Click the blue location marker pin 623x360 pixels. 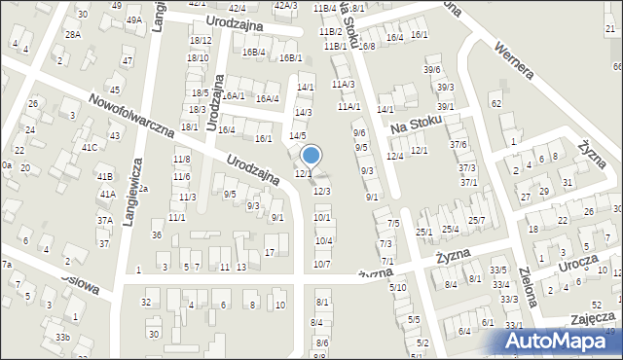coord(311,156)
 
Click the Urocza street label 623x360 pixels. coord(578,264)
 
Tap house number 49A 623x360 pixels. coord(133,19)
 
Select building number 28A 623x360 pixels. coord(72,34)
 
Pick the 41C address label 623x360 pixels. coord(89,147)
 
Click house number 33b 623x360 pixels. coord(62,337)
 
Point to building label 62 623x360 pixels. coord(495,103)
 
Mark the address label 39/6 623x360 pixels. coord(432,70)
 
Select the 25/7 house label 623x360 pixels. coord(476,221)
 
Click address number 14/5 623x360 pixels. coord(298,135)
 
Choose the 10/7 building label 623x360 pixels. coord(321,264)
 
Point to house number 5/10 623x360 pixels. coord(397,287)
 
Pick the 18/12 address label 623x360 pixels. coord(200,40)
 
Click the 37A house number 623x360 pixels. coord(104,220)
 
